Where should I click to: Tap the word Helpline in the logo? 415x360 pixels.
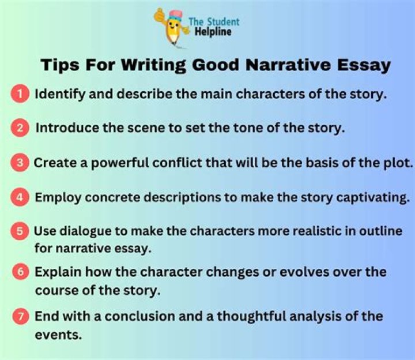click(x=213, y=32)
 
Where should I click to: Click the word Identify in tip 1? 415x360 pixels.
click(x=59, y=95)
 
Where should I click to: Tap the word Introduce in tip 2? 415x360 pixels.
click(x=65, y=128)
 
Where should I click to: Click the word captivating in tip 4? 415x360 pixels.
click(x=372, y=197)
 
